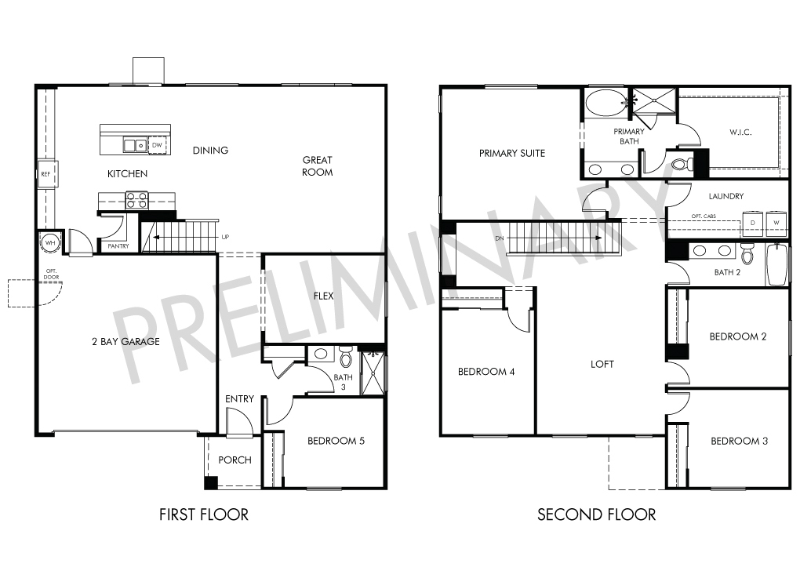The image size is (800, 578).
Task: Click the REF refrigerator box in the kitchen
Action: pyautogui.click(x=46, y=174)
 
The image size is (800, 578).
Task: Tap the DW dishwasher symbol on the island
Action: pyautogui.click(x=157, y=145)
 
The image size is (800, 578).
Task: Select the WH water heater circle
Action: pyautogui.click(x=50, y=243)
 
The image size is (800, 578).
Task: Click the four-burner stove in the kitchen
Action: pyautogui.click(x=136, y=200)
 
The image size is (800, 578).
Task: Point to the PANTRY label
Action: pyautogui.click(x=118, y=246)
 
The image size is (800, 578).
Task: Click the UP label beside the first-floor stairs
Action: pyautogui.click(x=225, y=237)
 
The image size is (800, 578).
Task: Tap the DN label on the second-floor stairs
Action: pyautogui.click(x=499, y=238)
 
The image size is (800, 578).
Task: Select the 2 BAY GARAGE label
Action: pyautogui.click(x=125, y=342)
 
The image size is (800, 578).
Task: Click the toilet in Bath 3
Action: pyautogui.click(x=345, y=356)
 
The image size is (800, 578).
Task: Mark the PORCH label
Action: pyautogui.click(x=235, y=460)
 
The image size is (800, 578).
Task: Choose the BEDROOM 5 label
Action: pyautogui.click(x=336, y=441)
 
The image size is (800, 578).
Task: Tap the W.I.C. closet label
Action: pyautogui.click(x=740, y=132)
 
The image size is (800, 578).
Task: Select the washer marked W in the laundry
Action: pyautogui.click(x=776, y=223)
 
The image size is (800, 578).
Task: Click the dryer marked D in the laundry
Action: pyautogui.click(x=753, y=223)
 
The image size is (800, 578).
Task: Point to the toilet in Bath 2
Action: pyautogui.click(x=747, y=253)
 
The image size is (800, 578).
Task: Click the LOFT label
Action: pyautogui.click(x=602, y=364)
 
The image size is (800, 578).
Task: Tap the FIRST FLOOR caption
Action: pyautogui.click(x=204, y=514)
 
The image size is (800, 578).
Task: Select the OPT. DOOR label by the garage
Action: pyautogui.click(x=52, y=274)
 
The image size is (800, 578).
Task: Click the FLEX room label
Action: pyautogui.click(x=323, y=296)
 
